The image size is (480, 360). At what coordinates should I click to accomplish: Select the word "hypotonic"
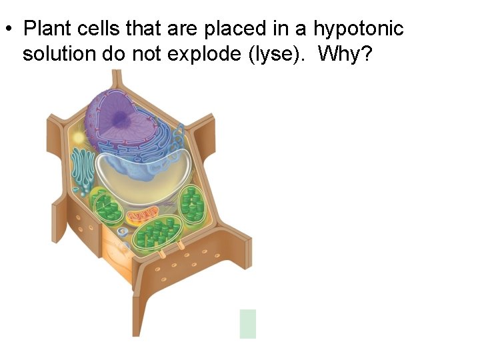358,29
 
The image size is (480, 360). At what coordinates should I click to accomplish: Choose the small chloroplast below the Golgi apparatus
107,208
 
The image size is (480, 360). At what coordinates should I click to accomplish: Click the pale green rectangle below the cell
248,323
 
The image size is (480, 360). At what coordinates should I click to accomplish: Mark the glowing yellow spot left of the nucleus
79,137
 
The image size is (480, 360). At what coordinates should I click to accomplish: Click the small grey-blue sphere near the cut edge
122,231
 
